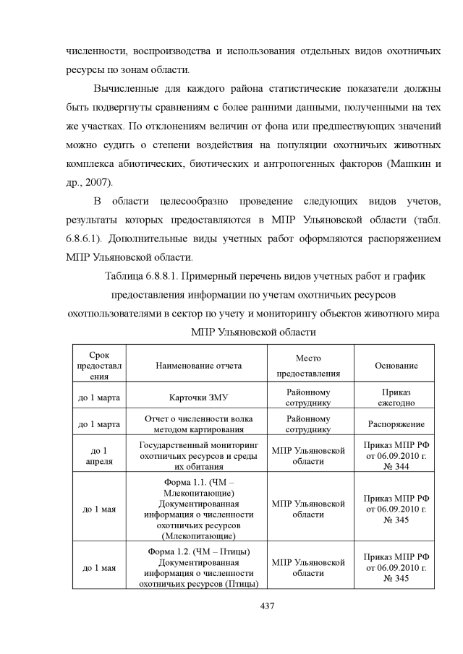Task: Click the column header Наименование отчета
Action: coord(199,366)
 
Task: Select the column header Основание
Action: coord(396,366)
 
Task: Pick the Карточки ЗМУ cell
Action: coord(199,397)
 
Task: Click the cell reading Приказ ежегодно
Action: coord(396,397)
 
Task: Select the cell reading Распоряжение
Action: coord(396,423)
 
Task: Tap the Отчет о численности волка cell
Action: coord(199,423)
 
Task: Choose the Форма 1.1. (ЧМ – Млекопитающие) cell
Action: coord(199,507)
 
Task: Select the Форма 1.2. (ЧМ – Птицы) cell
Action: coord(199,567)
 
